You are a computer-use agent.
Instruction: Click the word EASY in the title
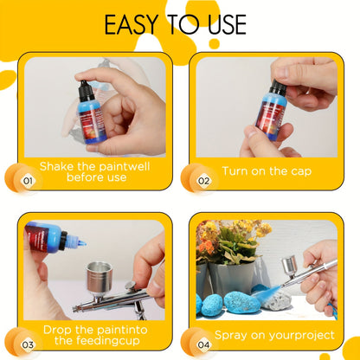click(132, 25)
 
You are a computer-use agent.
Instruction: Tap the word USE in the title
click(227, 25)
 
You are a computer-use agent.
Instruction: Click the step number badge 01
click(28, 181)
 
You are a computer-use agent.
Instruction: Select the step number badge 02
click(203, 181)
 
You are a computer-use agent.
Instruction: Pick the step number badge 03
click(28, 344)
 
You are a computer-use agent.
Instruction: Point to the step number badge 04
click(203, 344)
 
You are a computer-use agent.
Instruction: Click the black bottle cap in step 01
click(86, 91)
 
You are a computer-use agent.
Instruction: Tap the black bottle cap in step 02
click(278, 87)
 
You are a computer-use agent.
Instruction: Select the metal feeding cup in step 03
click(99, 279)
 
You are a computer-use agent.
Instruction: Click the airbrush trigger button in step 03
click(132, 286)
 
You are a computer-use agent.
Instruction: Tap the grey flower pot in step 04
click(231, 278)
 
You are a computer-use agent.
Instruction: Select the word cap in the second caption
click(301, 171)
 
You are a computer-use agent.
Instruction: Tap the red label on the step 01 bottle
click(92, 124)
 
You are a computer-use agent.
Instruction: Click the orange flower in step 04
click(206, 246)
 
